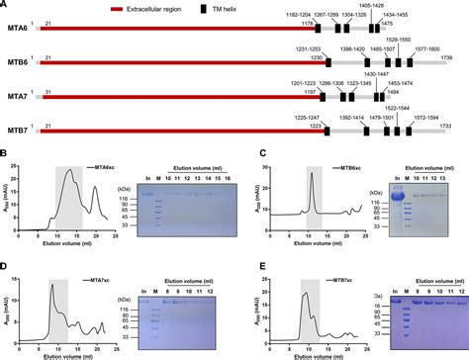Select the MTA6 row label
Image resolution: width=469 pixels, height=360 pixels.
tap(16, 31)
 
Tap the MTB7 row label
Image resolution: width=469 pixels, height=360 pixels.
tap(16, 129)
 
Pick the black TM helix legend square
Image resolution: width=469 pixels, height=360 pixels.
tap(287, 7)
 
